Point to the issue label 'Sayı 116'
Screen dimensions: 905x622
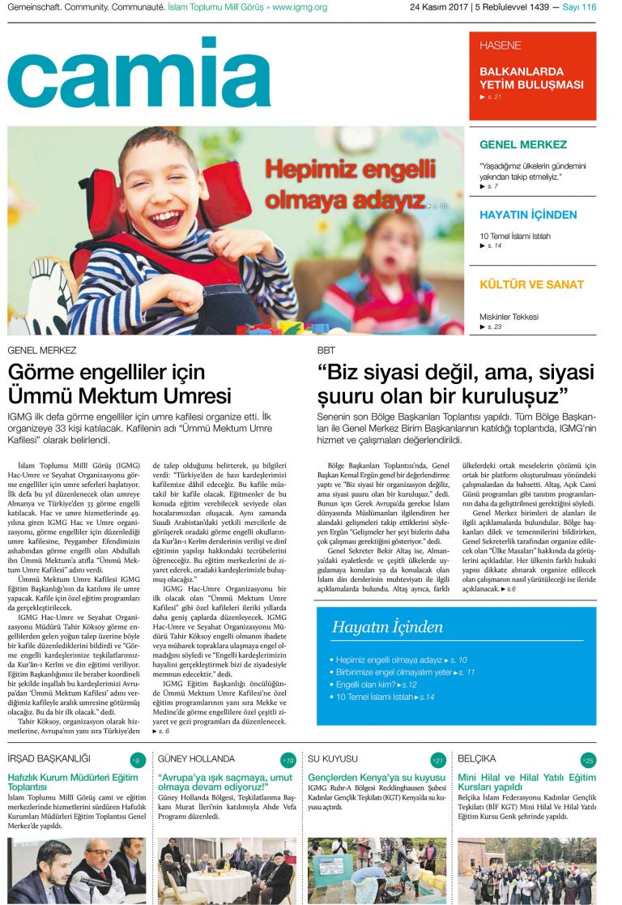[578, 7]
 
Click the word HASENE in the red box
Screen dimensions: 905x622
[500, 46]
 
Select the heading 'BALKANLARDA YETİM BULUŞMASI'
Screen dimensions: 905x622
[531, 78]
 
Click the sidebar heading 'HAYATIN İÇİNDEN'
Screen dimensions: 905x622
[528, 215]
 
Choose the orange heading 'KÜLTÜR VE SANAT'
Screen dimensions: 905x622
[531, 284]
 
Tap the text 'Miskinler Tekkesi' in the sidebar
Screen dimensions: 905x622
[509, 317]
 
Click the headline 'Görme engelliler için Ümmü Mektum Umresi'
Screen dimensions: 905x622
[120, 384]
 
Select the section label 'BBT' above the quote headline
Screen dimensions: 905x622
[326, 351]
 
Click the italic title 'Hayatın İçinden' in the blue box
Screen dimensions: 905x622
[387, 627]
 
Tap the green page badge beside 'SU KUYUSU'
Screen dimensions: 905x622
[437, 760]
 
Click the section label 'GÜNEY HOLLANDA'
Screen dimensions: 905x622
[196, 759]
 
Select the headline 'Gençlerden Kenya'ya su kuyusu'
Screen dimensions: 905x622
[377, 778]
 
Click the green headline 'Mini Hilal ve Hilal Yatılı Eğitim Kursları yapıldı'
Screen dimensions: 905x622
[526, 783]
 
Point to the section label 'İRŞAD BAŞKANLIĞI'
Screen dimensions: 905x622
[49, 759]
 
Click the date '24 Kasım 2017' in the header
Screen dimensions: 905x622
[440, 7]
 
